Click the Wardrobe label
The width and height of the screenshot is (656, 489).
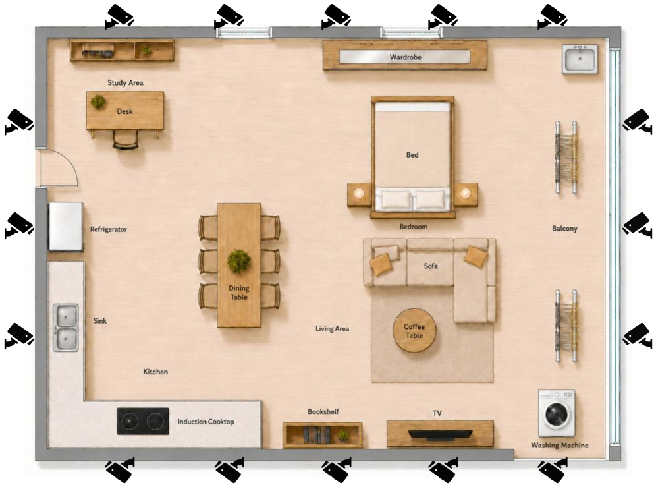[406, 57]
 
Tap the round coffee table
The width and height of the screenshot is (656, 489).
[414, 330]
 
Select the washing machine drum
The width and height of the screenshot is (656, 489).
[557, 414]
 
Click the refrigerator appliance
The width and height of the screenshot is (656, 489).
[66, 227]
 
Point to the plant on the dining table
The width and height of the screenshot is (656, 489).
[238, 261]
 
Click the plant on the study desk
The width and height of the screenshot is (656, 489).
[98, 101]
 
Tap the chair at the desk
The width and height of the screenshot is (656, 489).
[125, 139]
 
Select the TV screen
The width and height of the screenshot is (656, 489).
[440, 434]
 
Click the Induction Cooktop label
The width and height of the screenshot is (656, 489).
[205, 422]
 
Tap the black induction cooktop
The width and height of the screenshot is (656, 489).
[143, 420]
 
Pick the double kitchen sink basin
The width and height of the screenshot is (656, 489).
[66, 328]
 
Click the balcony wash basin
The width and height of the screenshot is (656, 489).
[580, 59]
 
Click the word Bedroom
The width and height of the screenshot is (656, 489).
[414, 227]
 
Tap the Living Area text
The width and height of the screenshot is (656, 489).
[332, 329]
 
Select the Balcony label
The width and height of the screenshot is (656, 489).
[564, 228]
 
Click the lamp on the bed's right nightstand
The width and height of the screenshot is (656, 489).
[466, 193]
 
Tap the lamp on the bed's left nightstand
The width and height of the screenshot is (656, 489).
[359, 193]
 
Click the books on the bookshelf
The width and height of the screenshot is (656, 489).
[317, 434]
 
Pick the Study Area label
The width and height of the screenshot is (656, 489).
[125, 82]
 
